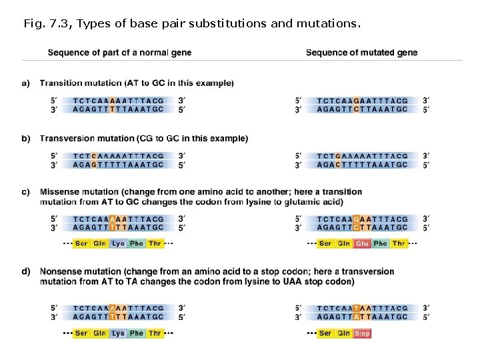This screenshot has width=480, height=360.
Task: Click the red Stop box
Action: pos(363,333)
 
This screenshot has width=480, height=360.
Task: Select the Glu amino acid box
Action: pos(362,244)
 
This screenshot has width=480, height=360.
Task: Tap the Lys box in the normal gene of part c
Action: pos(118,244)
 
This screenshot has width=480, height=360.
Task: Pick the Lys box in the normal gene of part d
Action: pos(118,333)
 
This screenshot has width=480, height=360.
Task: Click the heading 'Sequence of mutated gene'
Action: pos(361,53)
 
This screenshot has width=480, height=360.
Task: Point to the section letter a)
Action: pos(26,83)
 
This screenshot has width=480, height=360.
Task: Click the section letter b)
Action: pos(26,139)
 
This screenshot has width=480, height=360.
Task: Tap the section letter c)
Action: pos(26,192)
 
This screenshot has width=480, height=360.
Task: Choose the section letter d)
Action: pos(26,272)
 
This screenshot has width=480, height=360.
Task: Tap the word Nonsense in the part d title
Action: pos(61,272)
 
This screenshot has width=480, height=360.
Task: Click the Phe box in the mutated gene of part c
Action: pos(381,244)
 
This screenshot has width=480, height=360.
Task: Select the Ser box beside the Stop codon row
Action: pos(325,333)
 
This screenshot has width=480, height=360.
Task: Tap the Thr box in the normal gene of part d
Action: pos(155,333)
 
